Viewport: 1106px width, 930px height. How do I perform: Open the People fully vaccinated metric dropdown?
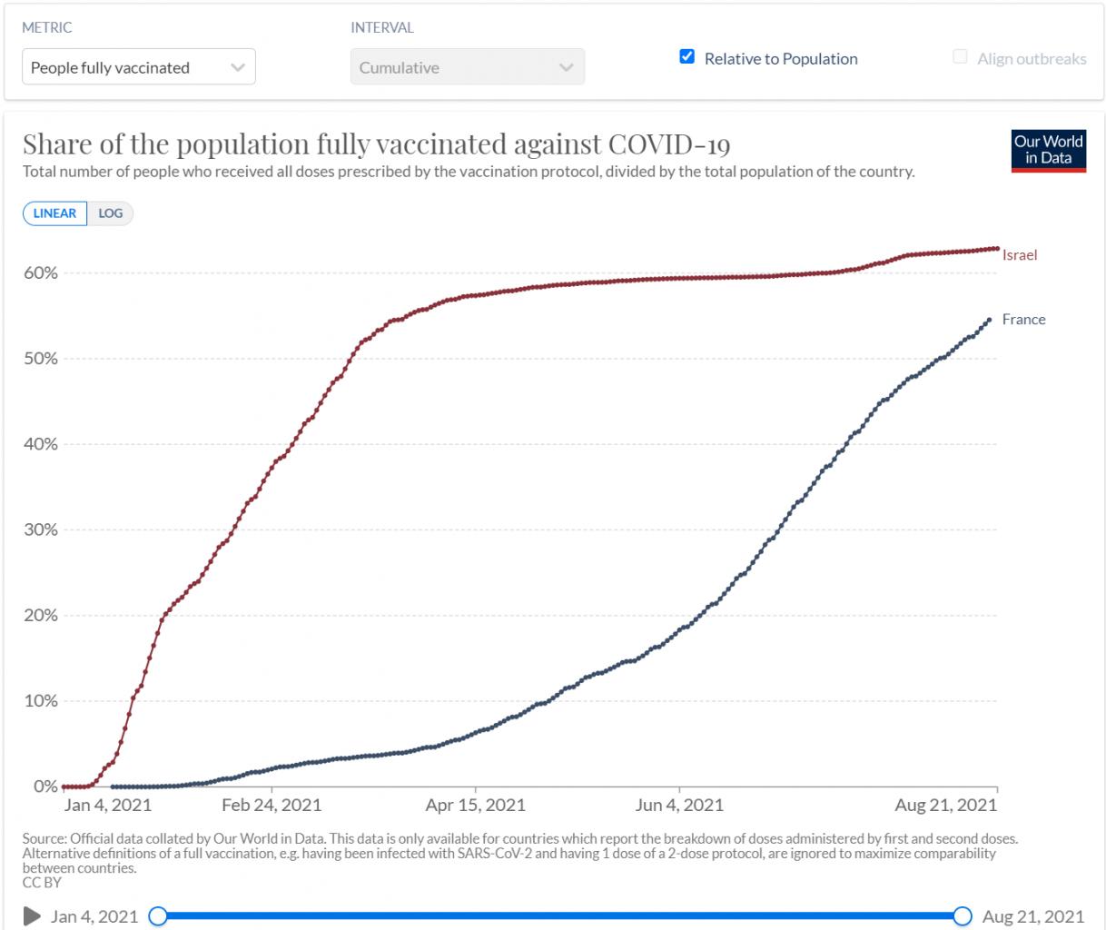click(138, 67)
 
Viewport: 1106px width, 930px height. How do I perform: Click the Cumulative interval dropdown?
click(467, 67)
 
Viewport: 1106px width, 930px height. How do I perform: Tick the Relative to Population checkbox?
click(687, 57)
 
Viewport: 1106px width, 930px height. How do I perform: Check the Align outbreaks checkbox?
click(960, 57)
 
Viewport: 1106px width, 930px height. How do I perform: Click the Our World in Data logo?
click(1049, 151)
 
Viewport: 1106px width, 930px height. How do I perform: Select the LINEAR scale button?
click(55, 213)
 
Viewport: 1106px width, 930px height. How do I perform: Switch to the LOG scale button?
click(111, 213)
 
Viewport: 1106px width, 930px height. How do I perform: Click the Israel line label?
click(1020, 255)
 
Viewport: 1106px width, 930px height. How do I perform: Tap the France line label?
click(1023, 320)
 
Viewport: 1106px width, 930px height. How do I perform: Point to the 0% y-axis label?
click(45, 787)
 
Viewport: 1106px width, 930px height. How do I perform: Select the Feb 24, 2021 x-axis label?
click(272, 806)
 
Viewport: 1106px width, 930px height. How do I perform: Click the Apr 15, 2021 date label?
click(475, 806)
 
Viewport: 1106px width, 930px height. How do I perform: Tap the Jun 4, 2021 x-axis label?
click(679, 806)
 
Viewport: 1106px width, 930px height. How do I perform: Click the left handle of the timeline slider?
click(158, 915)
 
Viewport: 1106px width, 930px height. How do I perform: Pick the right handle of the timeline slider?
click(963, 915)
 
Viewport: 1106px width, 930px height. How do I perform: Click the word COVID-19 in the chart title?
click(669, 145)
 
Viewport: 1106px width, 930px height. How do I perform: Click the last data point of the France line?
click(989, 320)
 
